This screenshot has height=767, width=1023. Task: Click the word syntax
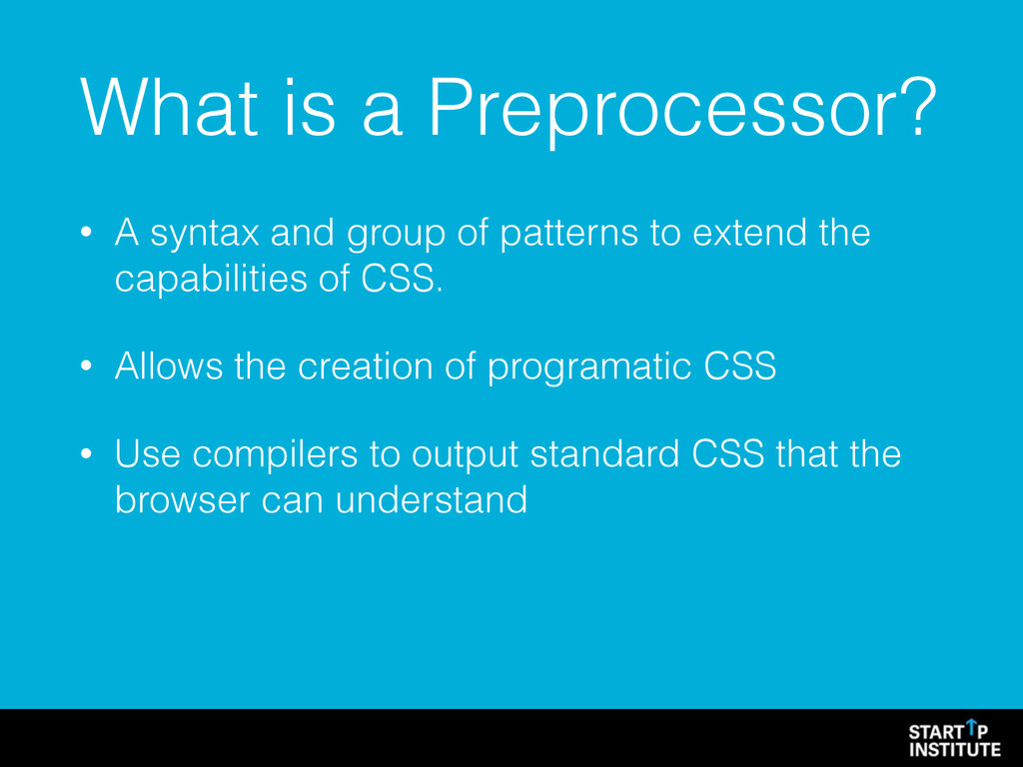click(x=205, y=235)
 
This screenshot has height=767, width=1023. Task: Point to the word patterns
click(x=568, y=235)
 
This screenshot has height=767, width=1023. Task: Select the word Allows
click(x=169, y=366)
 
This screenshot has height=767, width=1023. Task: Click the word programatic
click(x=589, y=368)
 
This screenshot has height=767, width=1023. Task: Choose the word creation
click(x=366, y=366)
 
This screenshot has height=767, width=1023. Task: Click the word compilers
click(x=275, y=455)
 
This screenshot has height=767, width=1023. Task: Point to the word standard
click(x=604, y=454)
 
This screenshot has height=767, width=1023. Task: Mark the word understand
click(x=432, y=500)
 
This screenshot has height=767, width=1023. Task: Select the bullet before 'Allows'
click(x=86, y=366)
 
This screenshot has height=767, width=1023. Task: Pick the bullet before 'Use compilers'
click(x=86, y=454)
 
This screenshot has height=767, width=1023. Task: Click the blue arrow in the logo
click(x=971, y=726)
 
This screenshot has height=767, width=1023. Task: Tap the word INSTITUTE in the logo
click(x=954, y=749)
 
